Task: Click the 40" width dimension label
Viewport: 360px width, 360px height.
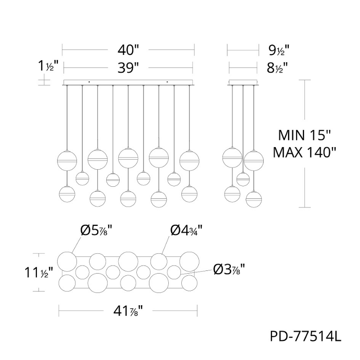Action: click(x=127, y=49)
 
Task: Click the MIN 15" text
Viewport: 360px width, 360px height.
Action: click(x=305, y=135)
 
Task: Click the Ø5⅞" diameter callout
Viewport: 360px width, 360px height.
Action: click(x=96, y=230)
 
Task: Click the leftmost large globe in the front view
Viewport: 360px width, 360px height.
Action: click(x=67, y=160)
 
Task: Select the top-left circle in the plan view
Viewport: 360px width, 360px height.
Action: click(x=67, y=261)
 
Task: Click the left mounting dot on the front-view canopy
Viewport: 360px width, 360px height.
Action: click(x=89, y=82)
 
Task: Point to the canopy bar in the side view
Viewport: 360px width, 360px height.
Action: click(x=243, y=82)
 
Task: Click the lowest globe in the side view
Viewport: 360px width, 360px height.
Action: click(x=254, y=198)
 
